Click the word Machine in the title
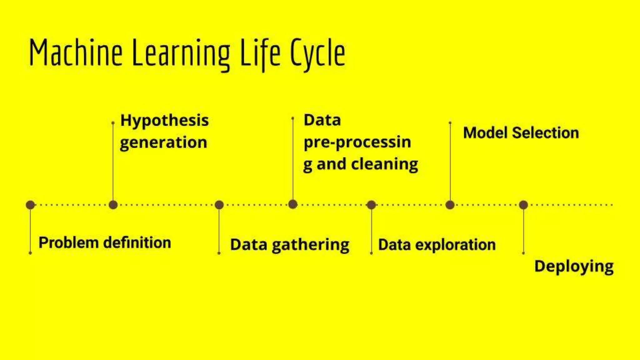click(76, 52)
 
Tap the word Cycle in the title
click(317, 54)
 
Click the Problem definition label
click(105, 243)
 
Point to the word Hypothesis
click(165, 121)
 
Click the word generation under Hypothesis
click(163, 143)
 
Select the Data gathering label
click(290, 245)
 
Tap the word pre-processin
click(357, 142)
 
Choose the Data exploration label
click(437, 245)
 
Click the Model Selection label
click(521, 133)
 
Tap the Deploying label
click(574, 267)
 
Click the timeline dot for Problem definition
click(30, 205)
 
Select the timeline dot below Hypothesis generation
click(113, 205)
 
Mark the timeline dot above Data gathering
click(219, 205)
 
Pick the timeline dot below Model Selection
click(450, 205)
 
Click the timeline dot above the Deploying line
click(523, 205)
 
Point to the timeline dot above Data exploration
click(371, 205)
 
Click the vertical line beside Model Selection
click(450, 162)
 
